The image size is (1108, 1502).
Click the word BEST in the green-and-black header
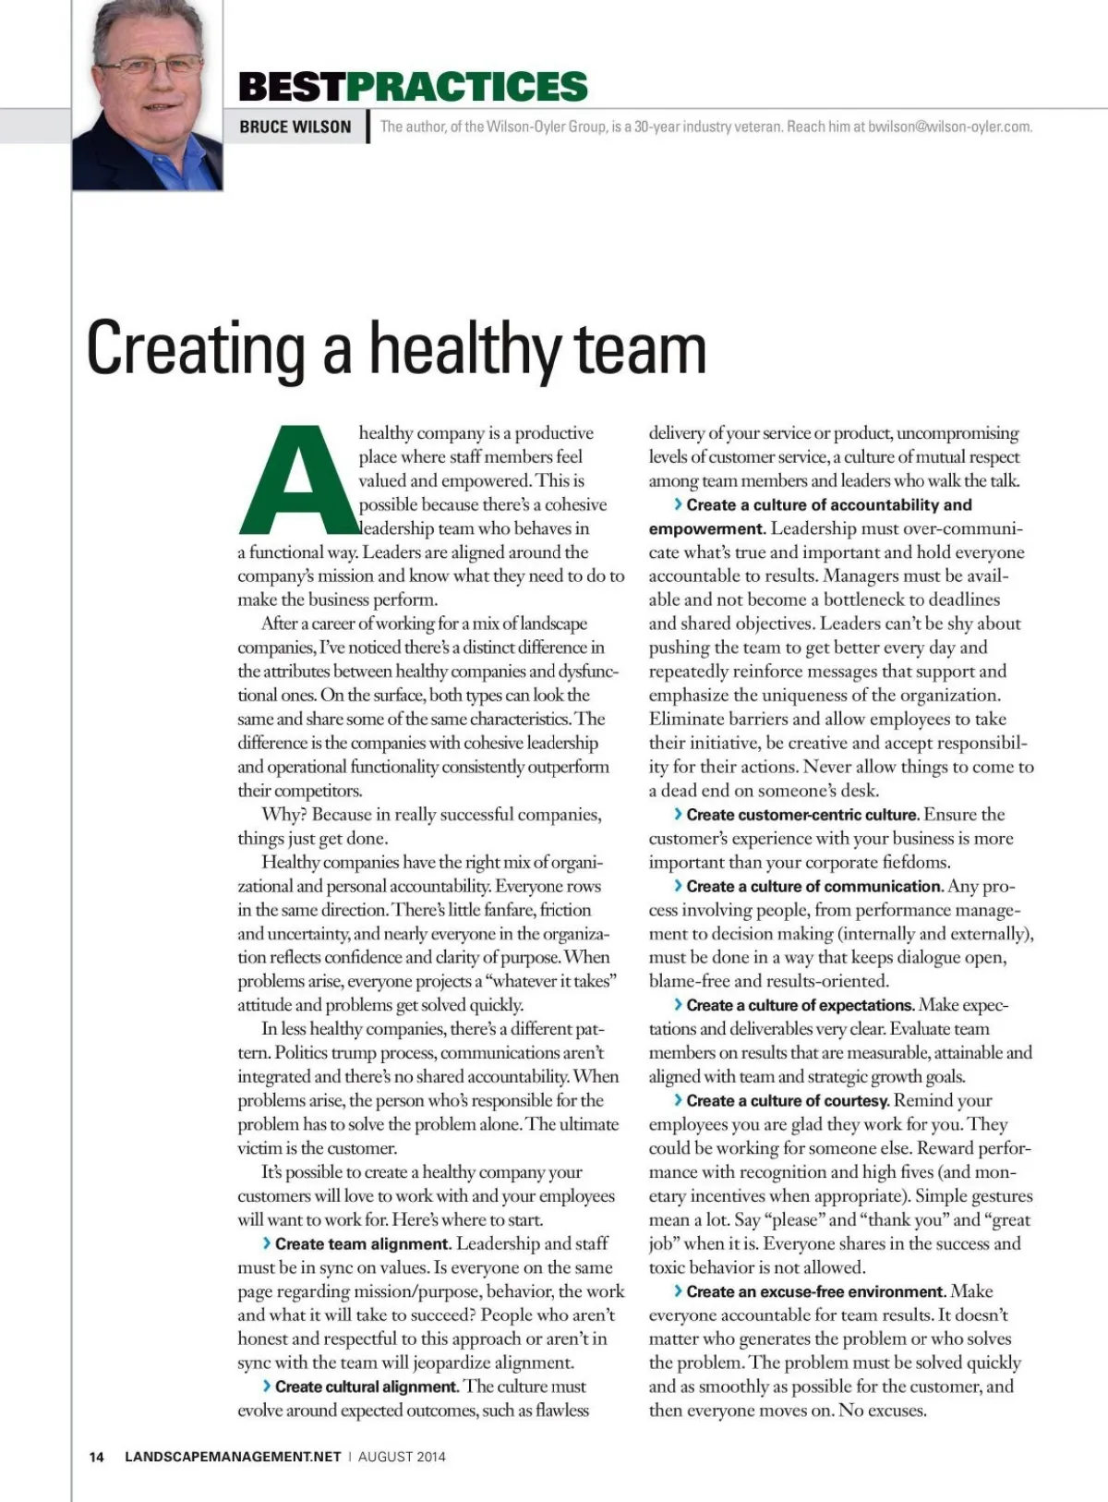pyautogui.click(x=292, y=87)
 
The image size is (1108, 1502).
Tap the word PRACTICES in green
pyautogui.click(x=467, y=87)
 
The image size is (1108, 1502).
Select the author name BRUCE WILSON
pyautogui.click(x=295, y=127)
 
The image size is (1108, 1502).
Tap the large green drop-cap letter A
pyautogui.click(x=297, y=480)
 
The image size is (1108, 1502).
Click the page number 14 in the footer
pyautogui.click(x=96, y=1457)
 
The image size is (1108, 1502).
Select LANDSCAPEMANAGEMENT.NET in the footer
pyautogui.click(x=233, y=1457)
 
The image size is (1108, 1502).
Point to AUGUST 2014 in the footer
pyautogui.click(x=402, y=1457)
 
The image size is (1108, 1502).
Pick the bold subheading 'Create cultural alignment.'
pyautogui.click(x=367, y=1387)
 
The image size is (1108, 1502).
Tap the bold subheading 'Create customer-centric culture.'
pyautogui.click(x=802, y=815)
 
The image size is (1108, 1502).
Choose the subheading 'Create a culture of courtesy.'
pyautogui.click(x=788, y=1100)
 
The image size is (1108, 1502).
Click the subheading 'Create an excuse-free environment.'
pyautogui.click(x=815, y=1291)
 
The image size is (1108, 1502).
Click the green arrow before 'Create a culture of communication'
pyautogui.click(x=679, y=886)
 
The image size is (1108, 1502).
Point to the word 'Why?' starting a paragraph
pyautogui.click(x=283, y=815)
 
